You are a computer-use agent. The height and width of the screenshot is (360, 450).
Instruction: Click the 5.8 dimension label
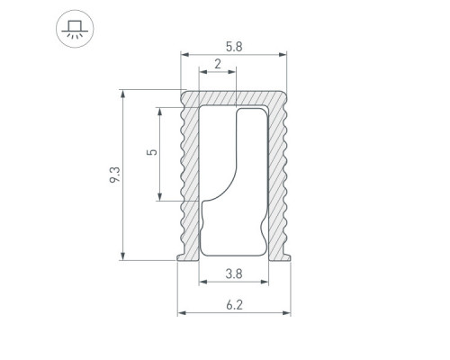tap(234, 47)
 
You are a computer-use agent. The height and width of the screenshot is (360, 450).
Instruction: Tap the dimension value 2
tap(218, 64)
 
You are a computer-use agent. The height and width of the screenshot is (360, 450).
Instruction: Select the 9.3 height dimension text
tap(115, 175)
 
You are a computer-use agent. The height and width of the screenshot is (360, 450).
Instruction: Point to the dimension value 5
tap(152, 152)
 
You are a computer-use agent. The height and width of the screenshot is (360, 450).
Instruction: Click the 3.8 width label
tap(234, 274)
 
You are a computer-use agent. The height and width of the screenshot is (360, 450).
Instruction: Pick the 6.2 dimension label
tap(234, 305)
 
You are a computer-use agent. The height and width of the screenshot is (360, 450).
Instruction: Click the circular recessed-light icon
tap(75, 29)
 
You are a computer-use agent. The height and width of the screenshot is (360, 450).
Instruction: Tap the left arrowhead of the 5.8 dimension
tap(184, 55)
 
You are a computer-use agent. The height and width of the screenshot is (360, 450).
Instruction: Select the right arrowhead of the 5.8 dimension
tap(283, 55)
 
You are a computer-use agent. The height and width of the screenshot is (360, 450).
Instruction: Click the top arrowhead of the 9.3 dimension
tap(122, 94)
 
